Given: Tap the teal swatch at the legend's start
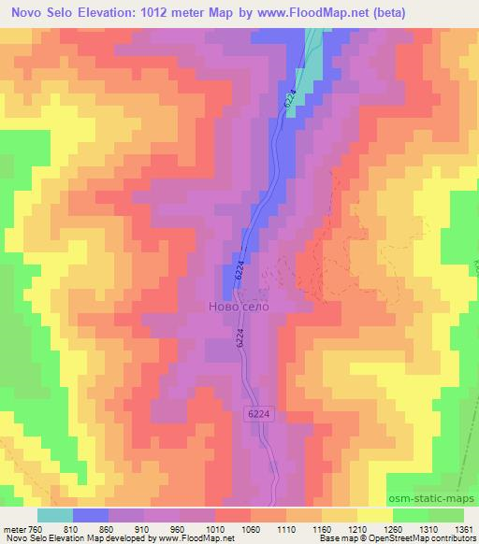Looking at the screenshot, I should (55, 514).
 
